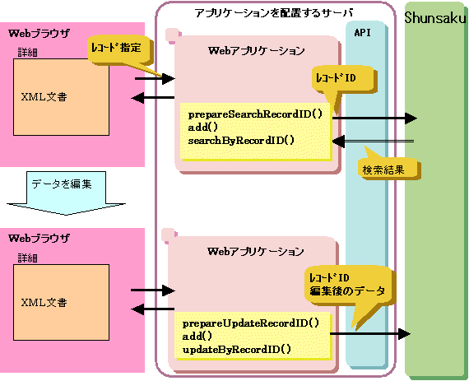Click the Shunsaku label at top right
point(435,18)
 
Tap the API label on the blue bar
point(363,32)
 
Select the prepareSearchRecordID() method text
point(255,114)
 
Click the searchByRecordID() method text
point(241,140)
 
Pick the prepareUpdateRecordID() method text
point(251,323)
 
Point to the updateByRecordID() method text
point(237,349)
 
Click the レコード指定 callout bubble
point(119,49)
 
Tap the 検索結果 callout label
point(383,170)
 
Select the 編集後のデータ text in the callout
point(347,290)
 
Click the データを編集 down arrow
point(66,193)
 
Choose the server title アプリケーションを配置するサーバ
point(274,13)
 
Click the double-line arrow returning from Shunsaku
point(373,142)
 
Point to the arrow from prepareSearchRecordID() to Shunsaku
point(374,118)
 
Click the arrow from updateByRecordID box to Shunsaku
point(370,333)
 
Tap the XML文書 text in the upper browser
point(44,97)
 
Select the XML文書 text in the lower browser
point(44,303)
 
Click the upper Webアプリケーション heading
point(257,50)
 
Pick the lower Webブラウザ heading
point(39,239)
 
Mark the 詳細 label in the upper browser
point(27,53)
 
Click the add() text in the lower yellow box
point(197,336)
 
